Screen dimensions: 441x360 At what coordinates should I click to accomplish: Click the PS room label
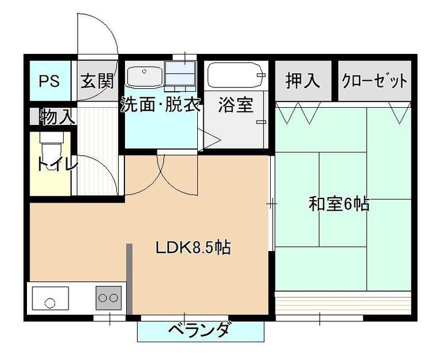pos(49,81)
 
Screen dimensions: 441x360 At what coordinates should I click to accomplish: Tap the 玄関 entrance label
pos(97,81)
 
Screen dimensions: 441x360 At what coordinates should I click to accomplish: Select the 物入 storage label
pos(58,117)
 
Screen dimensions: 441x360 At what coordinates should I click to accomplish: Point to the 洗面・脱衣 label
pos(160,104)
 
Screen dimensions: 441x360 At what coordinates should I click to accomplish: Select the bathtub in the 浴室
pos(236,75)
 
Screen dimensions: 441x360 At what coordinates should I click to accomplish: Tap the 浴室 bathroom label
pos(236,105)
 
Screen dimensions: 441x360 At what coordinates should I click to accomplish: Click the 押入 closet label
pos(303,80)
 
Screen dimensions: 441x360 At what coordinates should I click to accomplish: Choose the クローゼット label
pos(374,81)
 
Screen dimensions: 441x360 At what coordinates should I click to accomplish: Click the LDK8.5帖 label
pos(194,247)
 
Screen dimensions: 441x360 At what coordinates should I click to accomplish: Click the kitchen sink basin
pos(50,298)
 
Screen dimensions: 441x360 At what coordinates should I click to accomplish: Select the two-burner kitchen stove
pos(108,298)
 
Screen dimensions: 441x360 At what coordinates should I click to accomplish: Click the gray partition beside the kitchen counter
pos(129,279)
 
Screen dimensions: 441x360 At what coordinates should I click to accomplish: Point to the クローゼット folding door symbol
pos(399,113)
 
